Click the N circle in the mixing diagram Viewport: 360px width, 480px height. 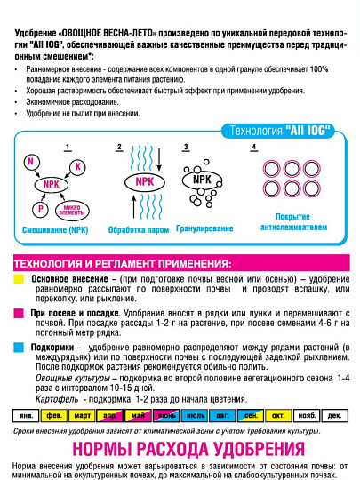coord(31,161)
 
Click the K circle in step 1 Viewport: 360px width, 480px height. coord(77,166)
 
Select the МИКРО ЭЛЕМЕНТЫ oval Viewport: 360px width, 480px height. coord(73,212)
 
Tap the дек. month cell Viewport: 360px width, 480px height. coord(333,415)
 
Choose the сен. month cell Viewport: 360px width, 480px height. coord(250,415)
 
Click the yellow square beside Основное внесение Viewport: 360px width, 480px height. coord(18,279)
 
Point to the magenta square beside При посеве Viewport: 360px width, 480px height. coord(18,314)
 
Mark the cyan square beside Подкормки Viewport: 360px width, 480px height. coord(18,347)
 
